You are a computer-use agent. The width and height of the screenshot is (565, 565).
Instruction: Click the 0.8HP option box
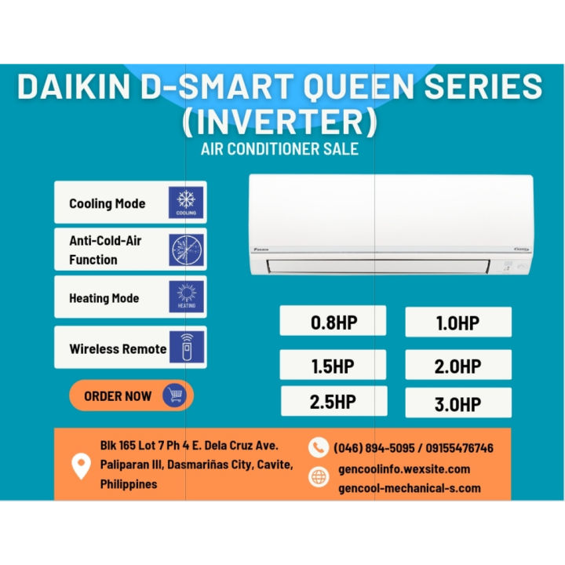(x=333, y=322)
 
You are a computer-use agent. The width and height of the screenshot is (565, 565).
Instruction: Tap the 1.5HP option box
(x=333, y=365)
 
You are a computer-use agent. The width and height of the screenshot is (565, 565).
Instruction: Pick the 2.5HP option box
(x=333, y=402)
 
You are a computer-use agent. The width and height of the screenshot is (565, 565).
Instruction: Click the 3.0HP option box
(x=458, y=403)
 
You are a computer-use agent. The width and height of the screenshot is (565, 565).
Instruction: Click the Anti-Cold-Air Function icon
(x=186, y=250)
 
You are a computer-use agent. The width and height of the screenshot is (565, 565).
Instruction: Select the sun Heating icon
(x=186, y=297)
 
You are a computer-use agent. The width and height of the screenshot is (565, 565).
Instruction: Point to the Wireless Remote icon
(x=186, y=347)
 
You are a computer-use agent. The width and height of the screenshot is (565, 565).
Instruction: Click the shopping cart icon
(x=173, y=395)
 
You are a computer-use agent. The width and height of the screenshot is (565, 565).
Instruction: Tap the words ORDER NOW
(x=118, y=396)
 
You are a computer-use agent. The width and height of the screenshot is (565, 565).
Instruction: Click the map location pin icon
(x=81, y=465)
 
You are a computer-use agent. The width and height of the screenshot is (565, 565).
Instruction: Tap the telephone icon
(x=318, y=448)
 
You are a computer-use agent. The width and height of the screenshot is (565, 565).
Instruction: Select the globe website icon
(x=319, y=477)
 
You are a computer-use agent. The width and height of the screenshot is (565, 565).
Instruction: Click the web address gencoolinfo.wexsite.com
(x=403, y=469)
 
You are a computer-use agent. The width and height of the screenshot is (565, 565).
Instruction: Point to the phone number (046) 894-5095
(x=375, y=448)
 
